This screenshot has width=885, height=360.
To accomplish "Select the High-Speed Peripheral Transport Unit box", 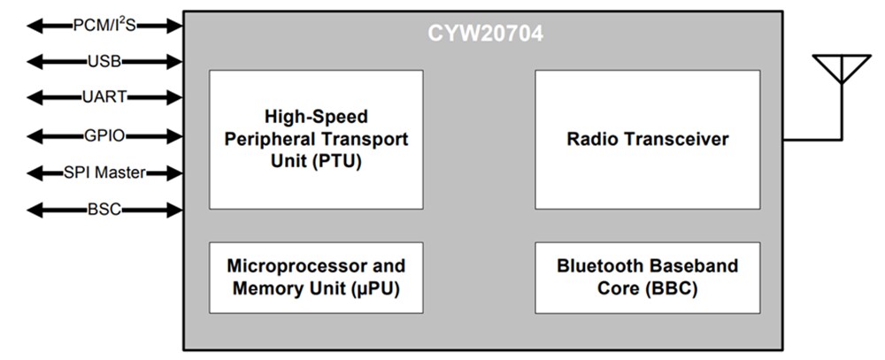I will click(316, 140).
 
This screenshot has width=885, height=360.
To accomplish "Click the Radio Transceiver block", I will click(647, 140).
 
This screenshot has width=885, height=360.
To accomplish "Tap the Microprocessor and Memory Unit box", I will click(316, 277).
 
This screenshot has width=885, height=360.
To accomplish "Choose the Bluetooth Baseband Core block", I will click(647, 277).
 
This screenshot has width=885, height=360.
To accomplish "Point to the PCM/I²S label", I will click(104, 26).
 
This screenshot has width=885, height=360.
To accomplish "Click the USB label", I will click(104, 62).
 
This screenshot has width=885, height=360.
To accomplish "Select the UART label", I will click(104, 98).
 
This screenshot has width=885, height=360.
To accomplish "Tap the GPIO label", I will click(104, 135).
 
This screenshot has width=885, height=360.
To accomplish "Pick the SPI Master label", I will click(104, 172).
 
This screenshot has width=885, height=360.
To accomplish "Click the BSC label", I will click(104, 210).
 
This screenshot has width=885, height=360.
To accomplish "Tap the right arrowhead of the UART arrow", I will click(174, 98).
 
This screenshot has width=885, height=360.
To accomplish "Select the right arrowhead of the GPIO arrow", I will click(174, 135).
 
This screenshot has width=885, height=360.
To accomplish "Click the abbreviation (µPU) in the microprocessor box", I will click(369, 287).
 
